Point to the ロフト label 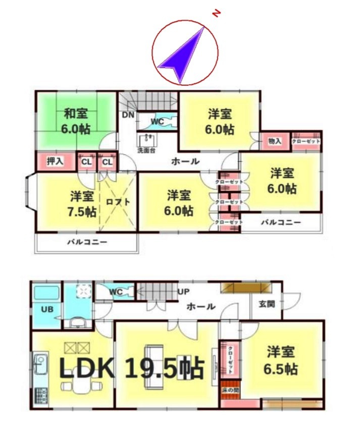point(118,201)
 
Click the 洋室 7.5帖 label point(82,203)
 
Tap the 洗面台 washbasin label point(146,150)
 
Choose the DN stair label point(128,115)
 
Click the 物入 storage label point(275,142)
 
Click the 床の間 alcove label point(230,390)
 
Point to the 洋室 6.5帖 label point(282,360)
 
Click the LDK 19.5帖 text point(131,369)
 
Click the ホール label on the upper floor point(185,161)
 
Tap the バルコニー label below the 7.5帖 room point(87,242)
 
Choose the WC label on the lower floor point(116,291)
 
